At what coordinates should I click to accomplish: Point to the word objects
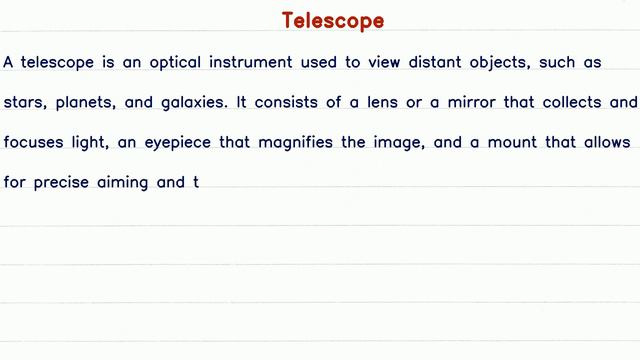(x=491, y=64)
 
